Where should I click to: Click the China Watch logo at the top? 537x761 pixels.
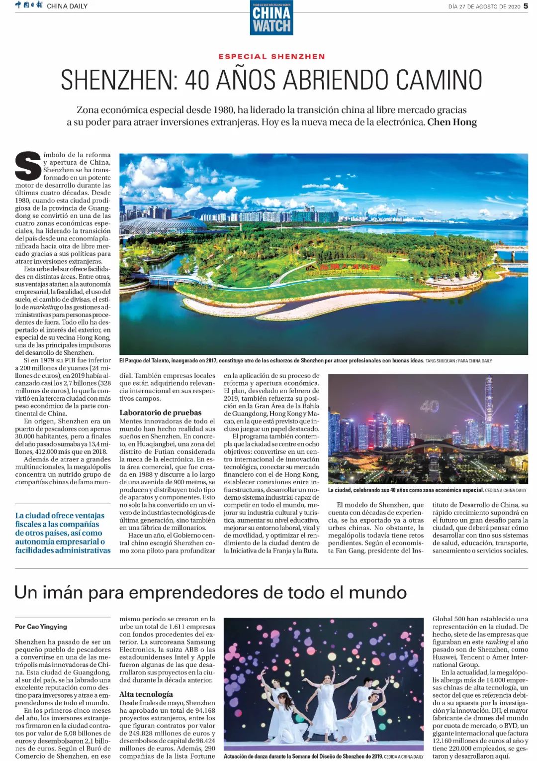click(x=271, y=18)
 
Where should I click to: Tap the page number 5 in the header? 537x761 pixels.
click(x=526, y=6)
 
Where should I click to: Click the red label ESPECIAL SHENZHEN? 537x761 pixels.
click(x=271, y=57)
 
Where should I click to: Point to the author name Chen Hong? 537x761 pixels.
click(x=452, y=122)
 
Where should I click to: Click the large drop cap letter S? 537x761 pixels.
click(x=28, y=166)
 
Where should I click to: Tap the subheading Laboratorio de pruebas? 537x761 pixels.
click(x=160, y=413)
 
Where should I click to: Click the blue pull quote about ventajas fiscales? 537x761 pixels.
click(x=63, y=533)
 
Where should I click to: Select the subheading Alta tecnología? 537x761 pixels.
click(x=146, y=694)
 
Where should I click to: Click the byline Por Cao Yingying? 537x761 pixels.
click(x=41, y=627)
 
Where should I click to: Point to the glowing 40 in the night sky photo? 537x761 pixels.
click(x=430, y=407)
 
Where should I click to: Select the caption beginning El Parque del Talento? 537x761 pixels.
click(x=271, y=361)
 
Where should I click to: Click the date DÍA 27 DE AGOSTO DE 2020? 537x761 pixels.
click(x=484, y=6)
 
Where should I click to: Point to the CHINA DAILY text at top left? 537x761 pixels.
click(x=67, y=6)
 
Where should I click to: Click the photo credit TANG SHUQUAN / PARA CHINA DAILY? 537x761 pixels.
click(x=458, y=361)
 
